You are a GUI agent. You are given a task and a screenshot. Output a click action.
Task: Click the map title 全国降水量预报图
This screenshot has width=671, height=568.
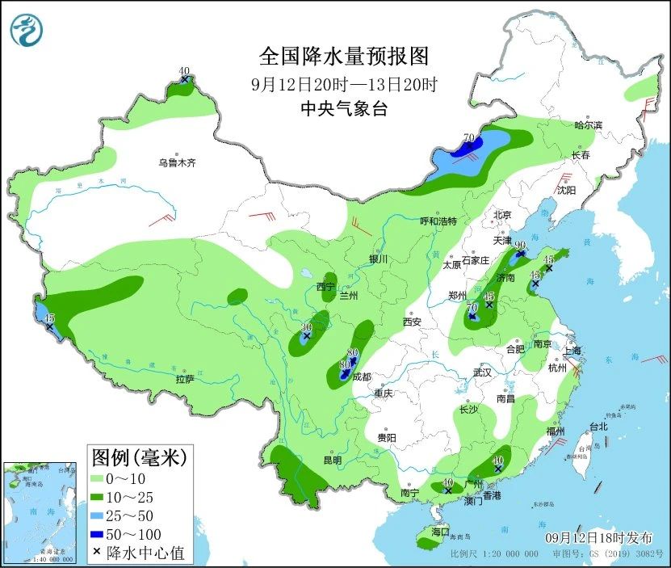342,57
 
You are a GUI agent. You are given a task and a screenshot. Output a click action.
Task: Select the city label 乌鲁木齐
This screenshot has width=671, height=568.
178,163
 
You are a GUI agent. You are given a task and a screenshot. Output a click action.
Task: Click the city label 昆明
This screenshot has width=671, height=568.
332,461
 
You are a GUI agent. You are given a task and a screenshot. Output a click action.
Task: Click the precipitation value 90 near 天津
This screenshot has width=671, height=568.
520,245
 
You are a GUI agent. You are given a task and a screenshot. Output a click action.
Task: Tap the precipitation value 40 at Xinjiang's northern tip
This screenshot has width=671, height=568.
184,70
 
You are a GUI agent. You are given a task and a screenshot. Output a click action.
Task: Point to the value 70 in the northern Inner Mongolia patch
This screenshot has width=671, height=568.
468,138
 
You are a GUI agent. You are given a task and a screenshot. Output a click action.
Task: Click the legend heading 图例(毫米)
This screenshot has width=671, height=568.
138,458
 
